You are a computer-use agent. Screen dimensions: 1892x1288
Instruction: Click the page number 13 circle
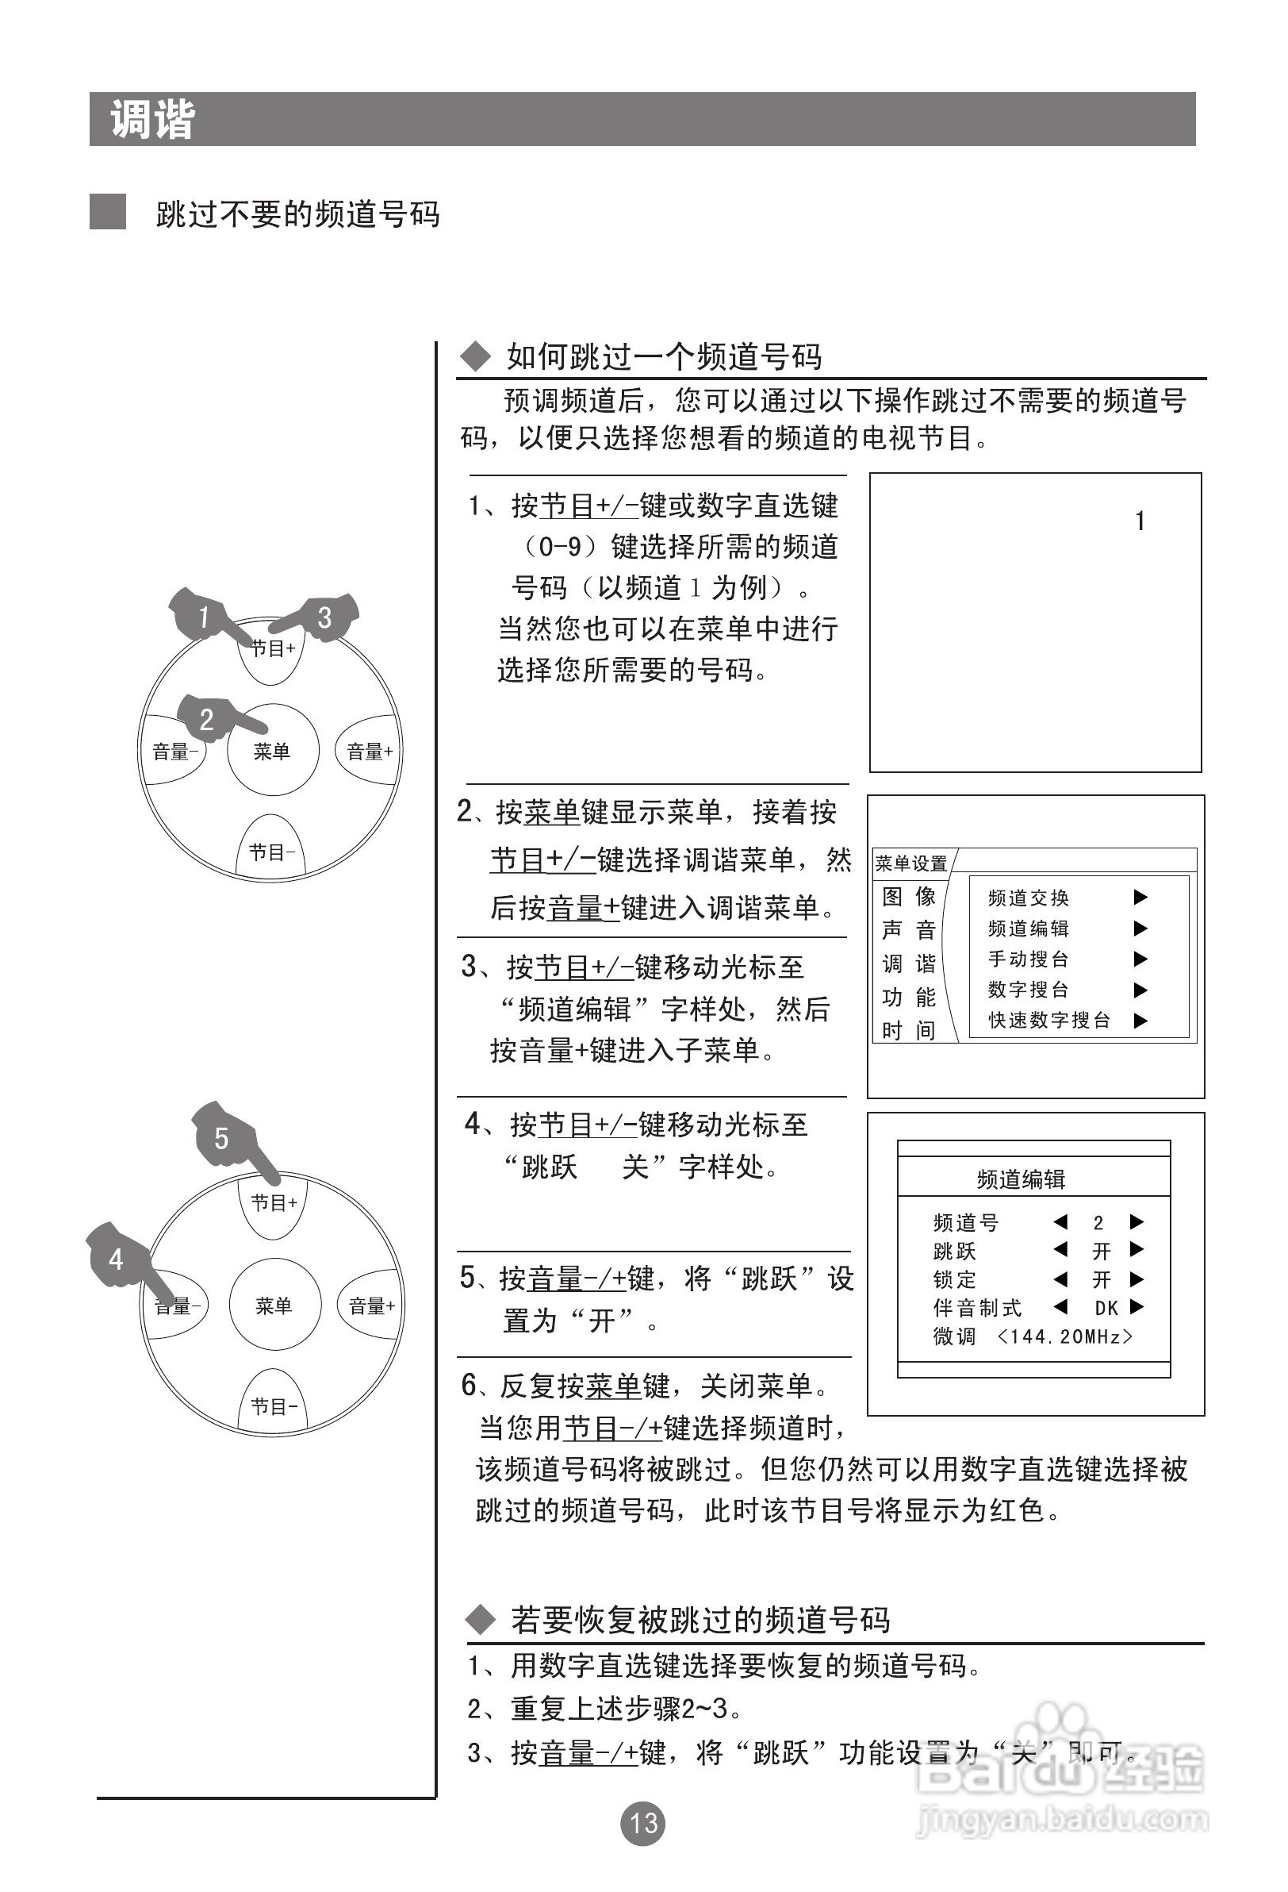click(642, 1823)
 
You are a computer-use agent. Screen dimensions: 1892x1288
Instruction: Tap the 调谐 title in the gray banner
click(152, 120)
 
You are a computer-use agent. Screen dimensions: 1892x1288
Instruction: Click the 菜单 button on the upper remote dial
click(272, 751)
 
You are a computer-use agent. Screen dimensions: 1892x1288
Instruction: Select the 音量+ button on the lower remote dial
click(371, 1306)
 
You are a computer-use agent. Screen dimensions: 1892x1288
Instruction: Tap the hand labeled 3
click(325, 618)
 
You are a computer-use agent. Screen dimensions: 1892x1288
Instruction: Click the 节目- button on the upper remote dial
click(271, 852)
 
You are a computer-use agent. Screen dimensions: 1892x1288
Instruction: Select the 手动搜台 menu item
click(1028, 959)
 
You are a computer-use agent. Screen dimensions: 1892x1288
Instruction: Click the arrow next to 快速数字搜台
click(1140, 1021)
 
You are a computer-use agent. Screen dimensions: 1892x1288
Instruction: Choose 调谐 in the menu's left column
click(909, 964)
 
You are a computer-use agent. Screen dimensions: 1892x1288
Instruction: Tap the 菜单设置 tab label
click(911, 863)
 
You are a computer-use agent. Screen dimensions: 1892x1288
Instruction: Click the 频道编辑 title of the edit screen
click(1022, 1179)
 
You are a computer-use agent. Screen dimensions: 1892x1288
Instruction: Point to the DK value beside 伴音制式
click(1106, 1308)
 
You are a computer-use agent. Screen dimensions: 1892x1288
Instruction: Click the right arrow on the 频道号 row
click(1137, 1222)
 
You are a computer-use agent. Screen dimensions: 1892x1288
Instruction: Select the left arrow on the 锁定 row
click(1060, 1279)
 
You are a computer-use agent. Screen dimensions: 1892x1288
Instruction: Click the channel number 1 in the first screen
click(1140, 521)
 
